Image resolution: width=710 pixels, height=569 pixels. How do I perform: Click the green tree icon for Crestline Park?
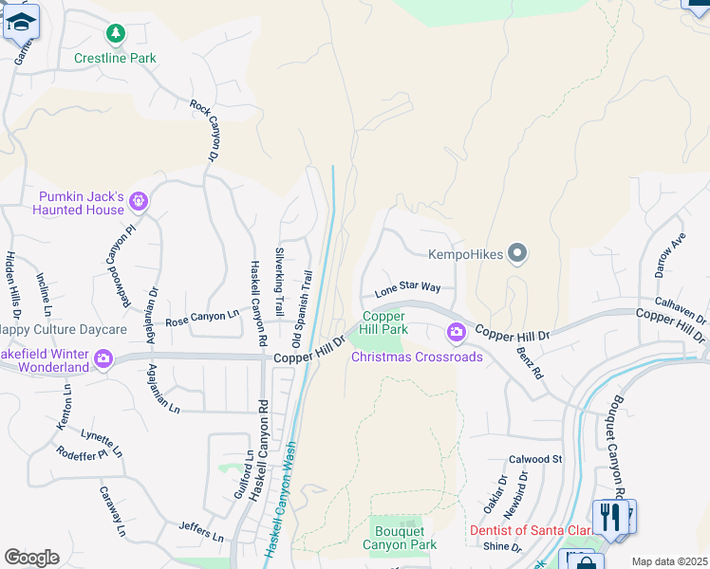click(x=116, y=35)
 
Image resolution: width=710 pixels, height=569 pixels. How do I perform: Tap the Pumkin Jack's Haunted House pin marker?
click(x=139, y=200)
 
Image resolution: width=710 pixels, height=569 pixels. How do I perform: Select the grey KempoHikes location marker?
click(x=516, y=253)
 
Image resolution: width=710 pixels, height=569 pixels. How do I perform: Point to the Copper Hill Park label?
click(x=383, y=322)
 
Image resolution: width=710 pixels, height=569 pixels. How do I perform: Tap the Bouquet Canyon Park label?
click(x=400, y=538)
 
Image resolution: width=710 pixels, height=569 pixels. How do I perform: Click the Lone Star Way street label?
click(x=406, y=287)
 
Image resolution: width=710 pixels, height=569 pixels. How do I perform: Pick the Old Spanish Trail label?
click(x=302, y=308)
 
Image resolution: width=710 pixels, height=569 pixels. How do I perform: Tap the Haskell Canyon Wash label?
click(x=282, y=497)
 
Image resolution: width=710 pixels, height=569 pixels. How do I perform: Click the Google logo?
click(x=30, y=558)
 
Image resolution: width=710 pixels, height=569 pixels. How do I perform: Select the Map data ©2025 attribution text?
click(x=670, y=561)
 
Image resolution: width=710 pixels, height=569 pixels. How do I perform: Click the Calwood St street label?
click(x=535, y=459)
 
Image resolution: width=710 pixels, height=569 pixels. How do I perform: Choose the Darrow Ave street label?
click(x=670, y=256)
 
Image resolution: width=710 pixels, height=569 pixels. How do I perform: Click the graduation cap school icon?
click(x=21, y=21)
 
